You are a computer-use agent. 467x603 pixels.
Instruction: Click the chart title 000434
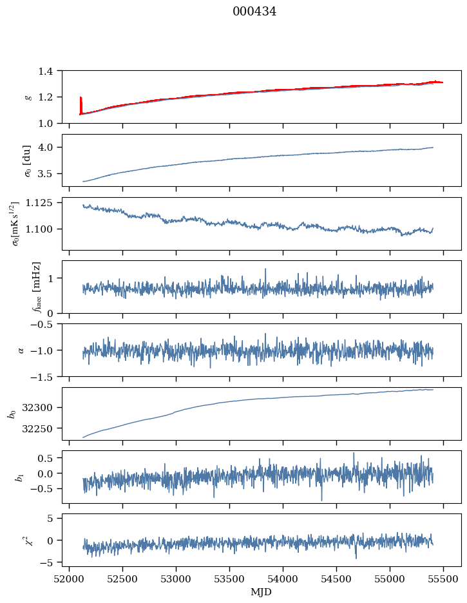tap(254, 12)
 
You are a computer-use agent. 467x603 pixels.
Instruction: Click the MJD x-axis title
tap(262, 592)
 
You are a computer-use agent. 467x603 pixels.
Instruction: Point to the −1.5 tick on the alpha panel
tap(44, 376)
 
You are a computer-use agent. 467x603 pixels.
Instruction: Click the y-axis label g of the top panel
tap(27, 97)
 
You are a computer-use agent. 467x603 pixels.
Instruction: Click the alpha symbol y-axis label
tap(21, 350)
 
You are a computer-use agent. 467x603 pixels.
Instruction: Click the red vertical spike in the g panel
tap(81, 105)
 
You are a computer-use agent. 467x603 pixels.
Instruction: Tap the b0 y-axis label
tap(11, 413)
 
